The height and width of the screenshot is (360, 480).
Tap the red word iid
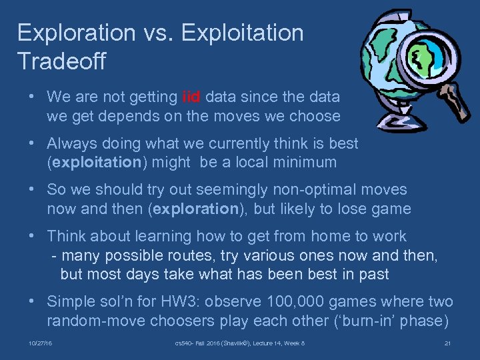[191, 97]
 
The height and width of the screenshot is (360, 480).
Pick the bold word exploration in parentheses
[196, 209]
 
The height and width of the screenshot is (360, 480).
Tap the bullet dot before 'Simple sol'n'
[32, 301]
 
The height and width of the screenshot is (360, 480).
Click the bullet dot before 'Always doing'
[32, 143]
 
